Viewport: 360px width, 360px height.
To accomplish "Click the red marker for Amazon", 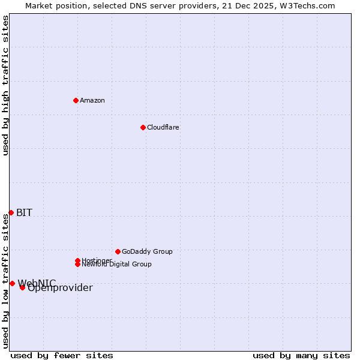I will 76,100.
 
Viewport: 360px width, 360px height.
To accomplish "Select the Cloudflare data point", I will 143,127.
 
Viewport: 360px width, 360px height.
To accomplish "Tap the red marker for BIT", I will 11,212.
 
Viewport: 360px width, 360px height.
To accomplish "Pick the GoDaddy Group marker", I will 118,251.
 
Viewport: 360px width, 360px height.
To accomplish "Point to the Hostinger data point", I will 77,260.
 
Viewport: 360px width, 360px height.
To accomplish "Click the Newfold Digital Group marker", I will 78,265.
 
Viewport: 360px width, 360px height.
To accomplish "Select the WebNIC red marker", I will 12,283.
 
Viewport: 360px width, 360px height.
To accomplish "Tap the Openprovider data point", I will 22,287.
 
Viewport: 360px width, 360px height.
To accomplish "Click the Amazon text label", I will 92,100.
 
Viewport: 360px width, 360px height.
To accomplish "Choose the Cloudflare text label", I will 163,127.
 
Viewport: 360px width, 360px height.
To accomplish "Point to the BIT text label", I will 24,212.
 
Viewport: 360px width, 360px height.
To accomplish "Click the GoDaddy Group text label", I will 147,251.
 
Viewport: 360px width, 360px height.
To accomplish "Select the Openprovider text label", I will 60,288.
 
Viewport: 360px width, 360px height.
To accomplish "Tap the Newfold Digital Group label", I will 117,265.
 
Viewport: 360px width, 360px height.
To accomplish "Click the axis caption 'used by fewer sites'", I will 62,355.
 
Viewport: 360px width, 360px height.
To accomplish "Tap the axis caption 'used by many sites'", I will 301,355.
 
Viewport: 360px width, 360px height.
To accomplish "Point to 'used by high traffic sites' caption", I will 5,85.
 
